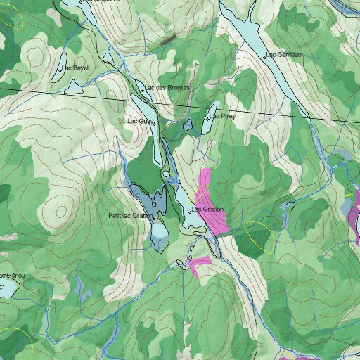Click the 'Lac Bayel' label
tap(75, 68)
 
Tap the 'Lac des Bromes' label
tap(167, 88)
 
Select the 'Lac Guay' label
tap(141, 121)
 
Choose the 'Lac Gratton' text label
tap(209, 210)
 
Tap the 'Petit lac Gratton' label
tap(130, 215)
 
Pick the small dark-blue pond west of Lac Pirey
tap(187, 126)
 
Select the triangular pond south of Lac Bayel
tap(73, 86)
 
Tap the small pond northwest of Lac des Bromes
tap(108, 60)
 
